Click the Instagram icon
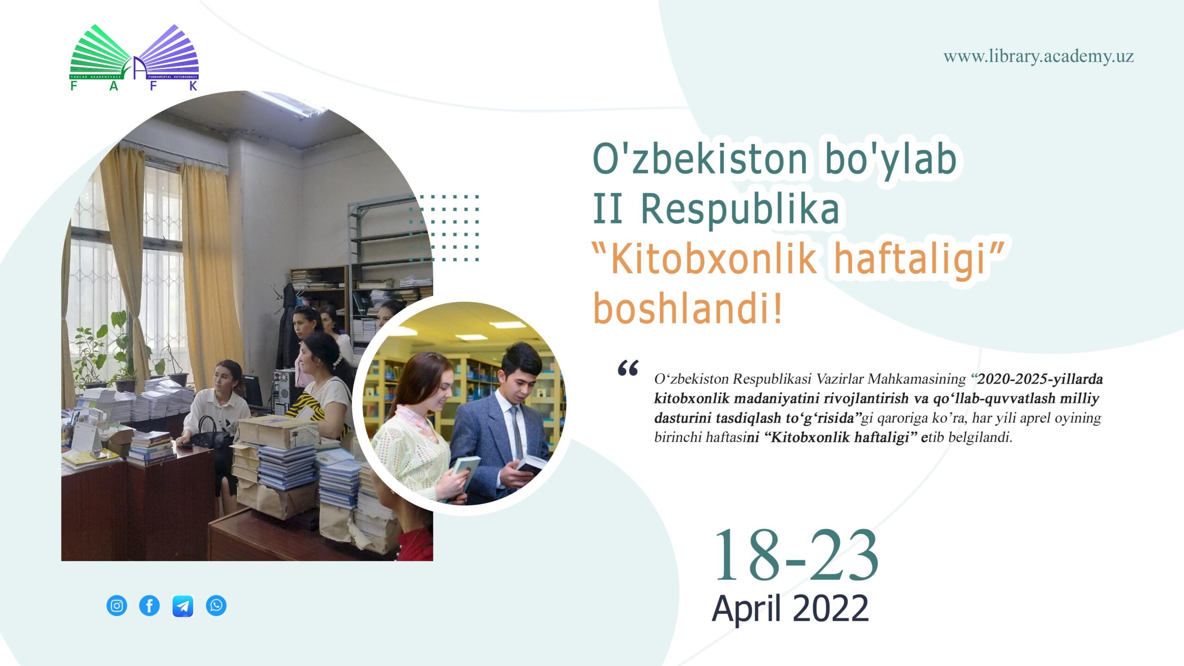tap(117, 605)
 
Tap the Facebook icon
tap(149, 605)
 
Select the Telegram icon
tap(183, 606)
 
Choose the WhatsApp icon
tap(216, 605)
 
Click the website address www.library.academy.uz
tap(1038, 56)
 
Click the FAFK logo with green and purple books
tap(134, 57)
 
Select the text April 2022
tap(790, 609)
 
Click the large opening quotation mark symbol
tap(628, 368)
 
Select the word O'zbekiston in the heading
tap(700, 159)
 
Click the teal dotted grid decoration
tap(444, 228)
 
